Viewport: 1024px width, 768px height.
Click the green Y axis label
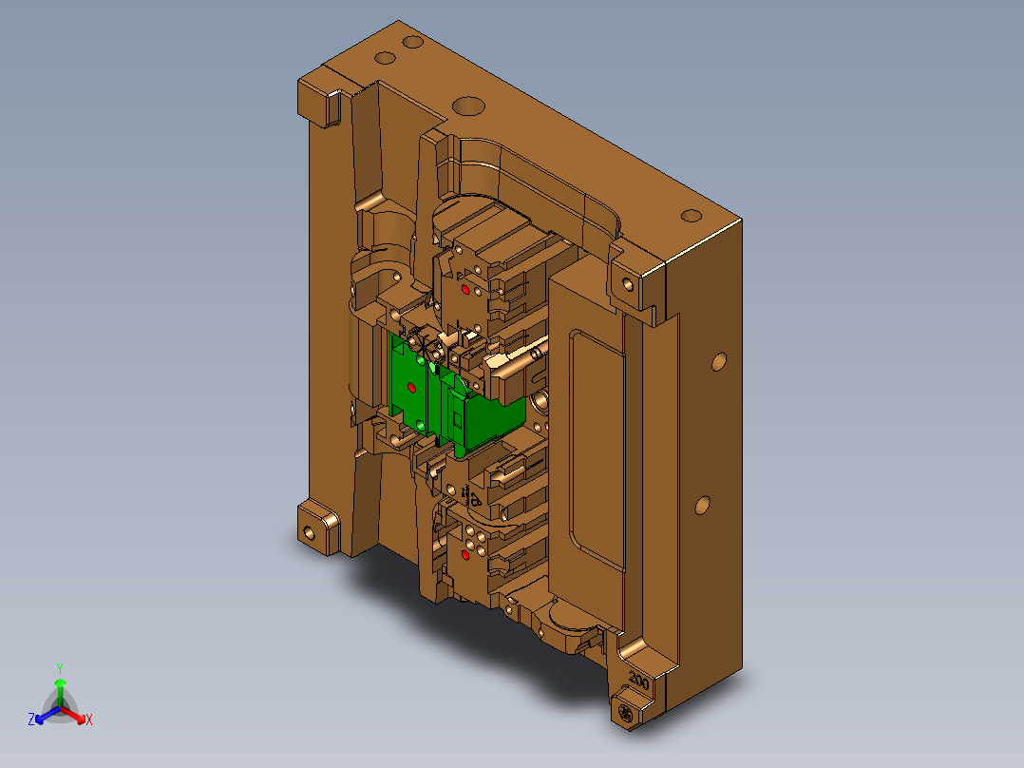[x=59, y=667]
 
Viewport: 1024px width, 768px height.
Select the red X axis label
[x=88, y=720]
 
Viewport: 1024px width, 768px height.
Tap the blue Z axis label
[x=31, y=720]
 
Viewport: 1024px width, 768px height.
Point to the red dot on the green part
[x=411, y=387]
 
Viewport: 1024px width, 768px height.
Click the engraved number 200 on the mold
[x=638, y=682]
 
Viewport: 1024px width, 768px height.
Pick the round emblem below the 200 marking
[x=626, y=713]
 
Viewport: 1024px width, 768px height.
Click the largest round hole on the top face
[x=465, y=105]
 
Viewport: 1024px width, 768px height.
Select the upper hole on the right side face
[x=719, y=361]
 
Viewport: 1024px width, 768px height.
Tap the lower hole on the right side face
[x=703, y=504]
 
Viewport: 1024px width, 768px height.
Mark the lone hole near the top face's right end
[x=691, y=214]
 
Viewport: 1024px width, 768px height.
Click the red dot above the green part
[x=465, y=288]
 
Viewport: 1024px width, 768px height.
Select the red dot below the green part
[x=465, y=554]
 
